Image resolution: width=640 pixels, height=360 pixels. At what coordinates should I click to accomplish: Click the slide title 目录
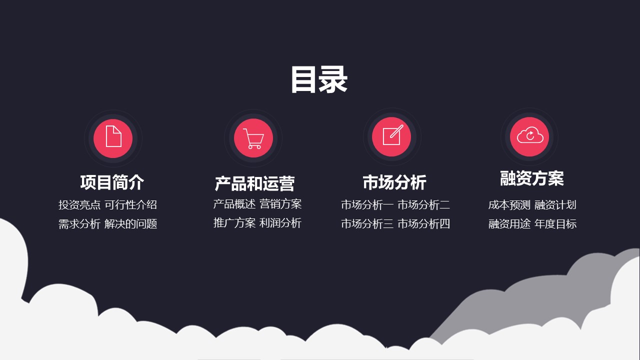pos(319,79)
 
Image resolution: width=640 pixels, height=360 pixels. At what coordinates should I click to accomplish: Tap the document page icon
pos(113,136)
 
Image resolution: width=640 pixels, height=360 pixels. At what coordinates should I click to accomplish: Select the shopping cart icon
pos(253,138)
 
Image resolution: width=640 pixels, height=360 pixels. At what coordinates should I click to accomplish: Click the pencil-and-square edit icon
pos(393,135)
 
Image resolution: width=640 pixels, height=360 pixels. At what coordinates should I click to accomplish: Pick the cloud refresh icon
pos(530,135)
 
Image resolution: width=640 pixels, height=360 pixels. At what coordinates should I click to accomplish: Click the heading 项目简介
pos(112,182)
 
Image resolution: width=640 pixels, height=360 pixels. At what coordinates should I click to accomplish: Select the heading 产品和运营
pos(254,183)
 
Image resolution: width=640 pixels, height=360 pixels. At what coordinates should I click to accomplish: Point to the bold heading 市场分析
pos(394,182)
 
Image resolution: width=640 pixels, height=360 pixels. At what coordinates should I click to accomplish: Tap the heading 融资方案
pos(531,178)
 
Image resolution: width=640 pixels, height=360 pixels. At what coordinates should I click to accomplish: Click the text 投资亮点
pos(79,204)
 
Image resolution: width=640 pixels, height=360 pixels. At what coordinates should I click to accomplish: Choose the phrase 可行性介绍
pos(130,204)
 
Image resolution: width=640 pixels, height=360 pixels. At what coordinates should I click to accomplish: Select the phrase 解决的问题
pos(130,223)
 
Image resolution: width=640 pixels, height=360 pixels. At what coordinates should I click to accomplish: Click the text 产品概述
pos(234,204)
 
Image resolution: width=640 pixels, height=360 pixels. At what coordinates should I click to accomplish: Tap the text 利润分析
pos(280,223)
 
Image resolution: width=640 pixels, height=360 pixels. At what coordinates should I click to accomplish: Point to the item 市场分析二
pos(423,204)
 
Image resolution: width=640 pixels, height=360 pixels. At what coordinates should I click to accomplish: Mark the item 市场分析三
pos(367,223)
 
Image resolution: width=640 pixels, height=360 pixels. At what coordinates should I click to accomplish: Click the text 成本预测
pos(509,205)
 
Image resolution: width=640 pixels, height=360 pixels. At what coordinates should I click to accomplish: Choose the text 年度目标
pos(555,223)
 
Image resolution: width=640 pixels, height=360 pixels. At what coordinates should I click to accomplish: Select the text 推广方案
pos(234,223)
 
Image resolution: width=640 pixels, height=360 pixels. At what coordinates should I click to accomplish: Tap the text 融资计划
pos(555,205)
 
